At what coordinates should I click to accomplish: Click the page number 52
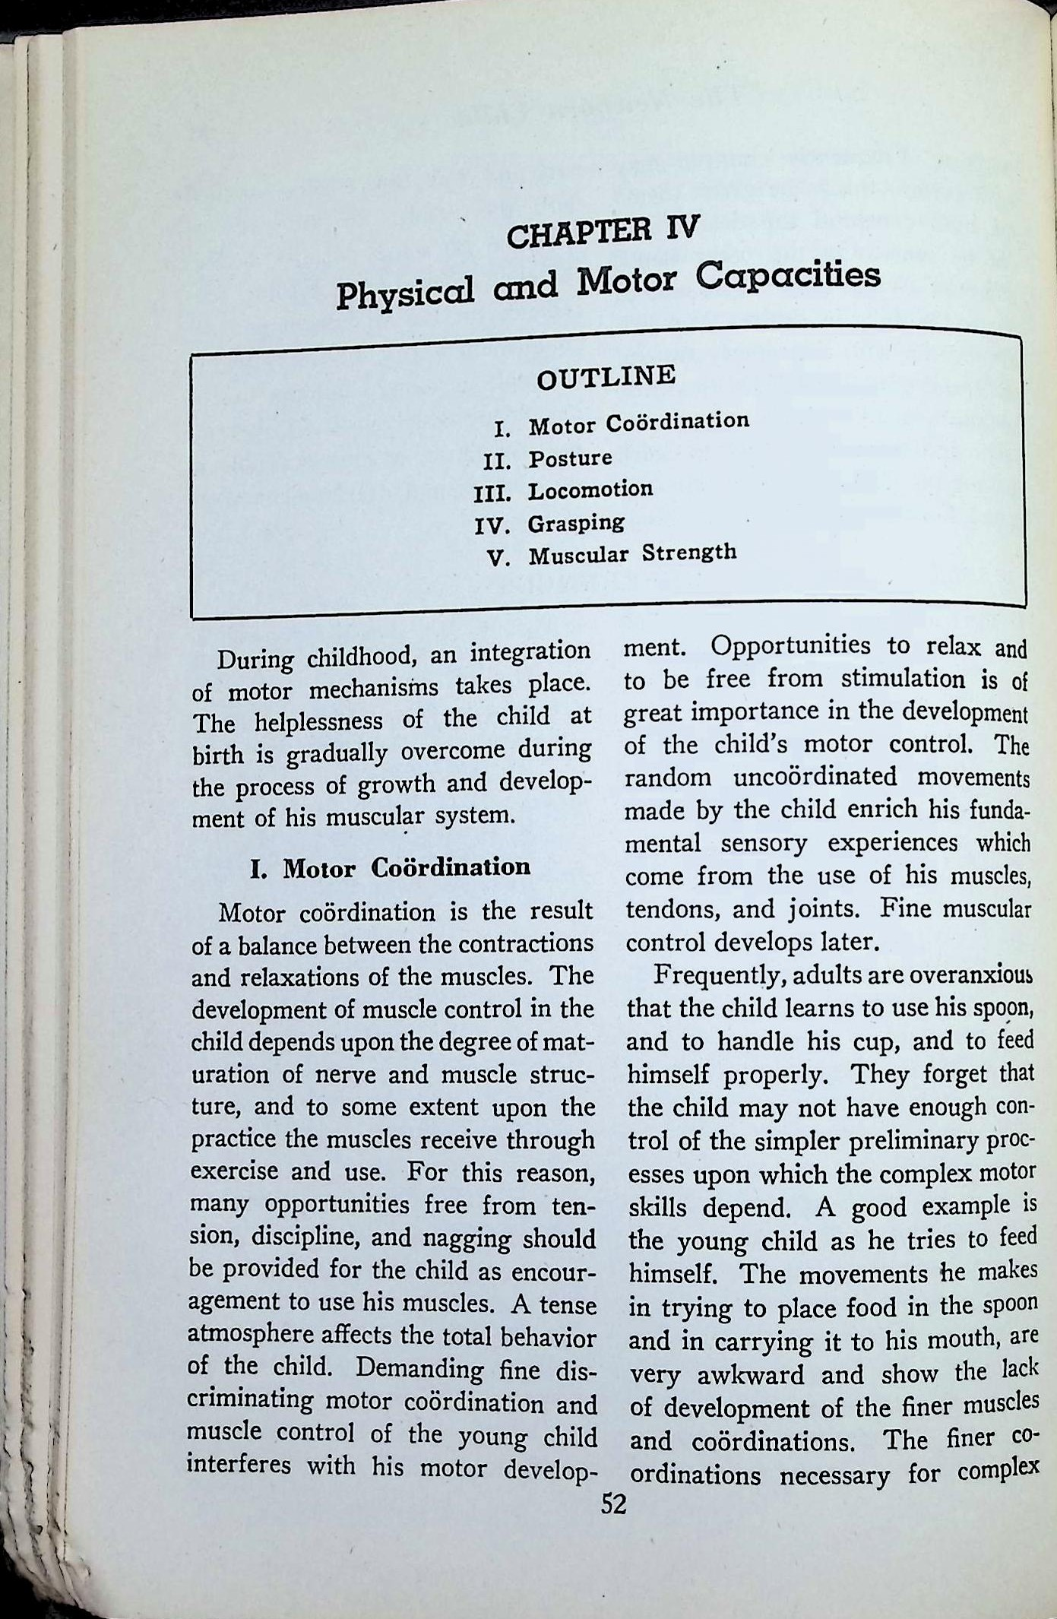click(x=613, y=1503)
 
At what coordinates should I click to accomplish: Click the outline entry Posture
click(x=570, y=459)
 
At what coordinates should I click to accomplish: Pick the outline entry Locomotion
click(x=590, y=490)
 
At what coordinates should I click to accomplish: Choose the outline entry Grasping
click(x=576, y=523)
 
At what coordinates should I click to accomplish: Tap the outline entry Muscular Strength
click(x=632, y=553)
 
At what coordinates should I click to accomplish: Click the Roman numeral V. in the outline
click(x=498, y=558)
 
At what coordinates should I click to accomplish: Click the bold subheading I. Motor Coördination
click(x=391, y=867)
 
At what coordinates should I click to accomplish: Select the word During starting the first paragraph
click(x=255, y=658)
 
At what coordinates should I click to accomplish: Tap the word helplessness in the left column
click(x=319, y=720)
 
